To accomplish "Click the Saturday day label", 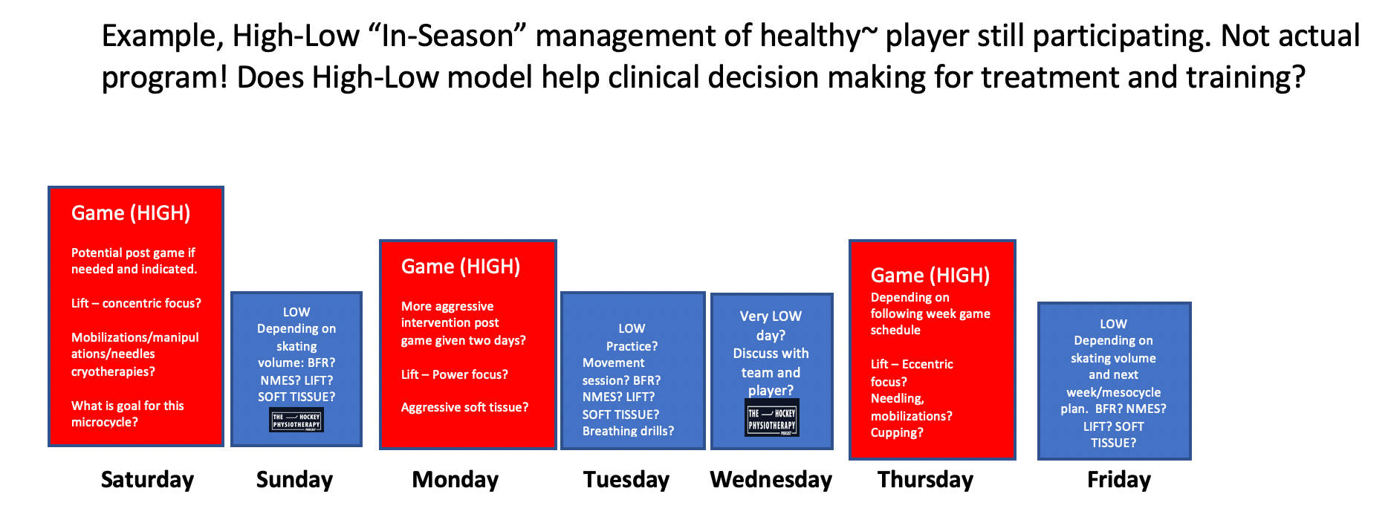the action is point(147,480).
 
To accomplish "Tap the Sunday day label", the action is point(294,480).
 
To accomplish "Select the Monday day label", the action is point(455,480).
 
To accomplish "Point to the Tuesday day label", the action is point(626,480).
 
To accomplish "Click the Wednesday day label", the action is point(771,480).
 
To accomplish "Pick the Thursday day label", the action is point(925,480).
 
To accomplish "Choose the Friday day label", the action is point(1119,480).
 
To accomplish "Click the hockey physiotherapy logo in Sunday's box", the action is point(296,420).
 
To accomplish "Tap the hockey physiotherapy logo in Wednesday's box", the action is point(772,418).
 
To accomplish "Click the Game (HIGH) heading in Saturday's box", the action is point(131,213).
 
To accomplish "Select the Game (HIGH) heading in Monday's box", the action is point(461,267).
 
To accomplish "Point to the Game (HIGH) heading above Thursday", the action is point(930,276).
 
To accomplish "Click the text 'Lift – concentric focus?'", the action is point(136,303).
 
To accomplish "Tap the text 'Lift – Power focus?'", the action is point(455,374).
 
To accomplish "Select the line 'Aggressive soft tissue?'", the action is point(465,407).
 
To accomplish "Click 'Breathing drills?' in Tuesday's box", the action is point(628,431).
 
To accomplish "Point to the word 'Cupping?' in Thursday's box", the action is point(897,432).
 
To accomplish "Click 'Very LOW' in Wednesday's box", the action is point(771,316).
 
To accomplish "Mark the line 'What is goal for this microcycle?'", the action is point(128,414).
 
